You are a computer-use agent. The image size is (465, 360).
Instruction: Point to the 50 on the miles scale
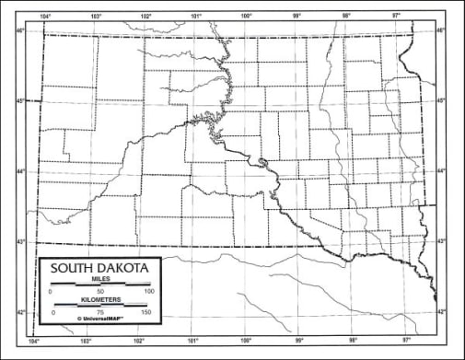pyautogui.click(x=99, y=292)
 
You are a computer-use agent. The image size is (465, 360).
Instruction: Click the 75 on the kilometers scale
pyautogui.click(x=99, y=314)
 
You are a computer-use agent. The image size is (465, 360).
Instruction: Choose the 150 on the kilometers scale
pyautogui.click(x=145, y=314)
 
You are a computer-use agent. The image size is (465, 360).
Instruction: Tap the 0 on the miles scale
pyautogui.click(x=52, y=292)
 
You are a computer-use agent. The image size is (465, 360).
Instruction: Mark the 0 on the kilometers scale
pyautogui.click(x=52, y=314)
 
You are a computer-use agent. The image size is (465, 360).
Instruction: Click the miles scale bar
pyautogui.click(x=100, y=285)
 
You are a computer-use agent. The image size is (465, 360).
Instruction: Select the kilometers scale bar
pyautogui.click(x=100, y=306)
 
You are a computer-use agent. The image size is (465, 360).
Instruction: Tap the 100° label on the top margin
pyautogui.click(x=246, y=17)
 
